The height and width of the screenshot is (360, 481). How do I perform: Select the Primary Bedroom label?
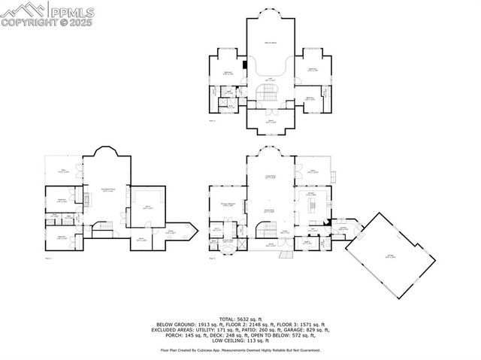tap(228, 204)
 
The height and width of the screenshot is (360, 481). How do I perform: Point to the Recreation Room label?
tap(107, 189)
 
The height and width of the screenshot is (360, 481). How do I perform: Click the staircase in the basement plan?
tap(106, 225)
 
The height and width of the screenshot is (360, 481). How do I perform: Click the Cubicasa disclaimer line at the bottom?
tap(240, 350)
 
